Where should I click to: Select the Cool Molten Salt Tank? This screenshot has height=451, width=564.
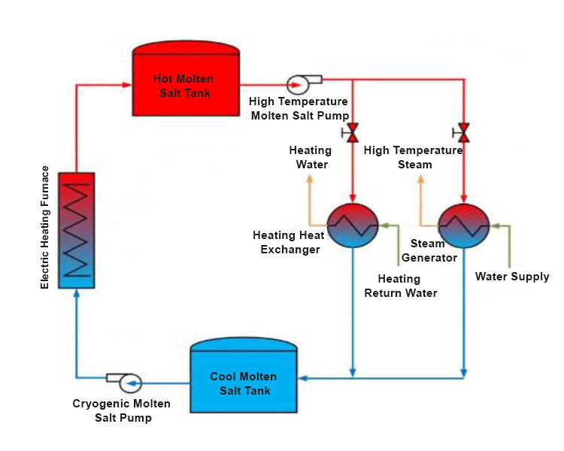[244, 380]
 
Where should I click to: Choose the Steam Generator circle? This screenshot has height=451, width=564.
[464, 225]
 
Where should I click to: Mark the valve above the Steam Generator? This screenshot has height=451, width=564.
[463, 133]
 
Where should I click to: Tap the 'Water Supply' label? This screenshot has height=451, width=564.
[512, 277]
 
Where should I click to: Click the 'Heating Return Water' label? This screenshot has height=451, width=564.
[401, 286]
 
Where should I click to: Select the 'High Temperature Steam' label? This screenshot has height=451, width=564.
[414, 157]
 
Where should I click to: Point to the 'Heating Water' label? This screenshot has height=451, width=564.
[311, 157]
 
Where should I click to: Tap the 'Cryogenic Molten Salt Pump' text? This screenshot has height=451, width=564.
[121, 410]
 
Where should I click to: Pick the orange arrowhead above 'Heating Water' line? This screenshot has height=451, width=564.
[311, 180]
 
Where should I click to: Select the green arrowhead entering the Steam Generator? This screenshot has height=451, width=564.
[494, 225]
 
